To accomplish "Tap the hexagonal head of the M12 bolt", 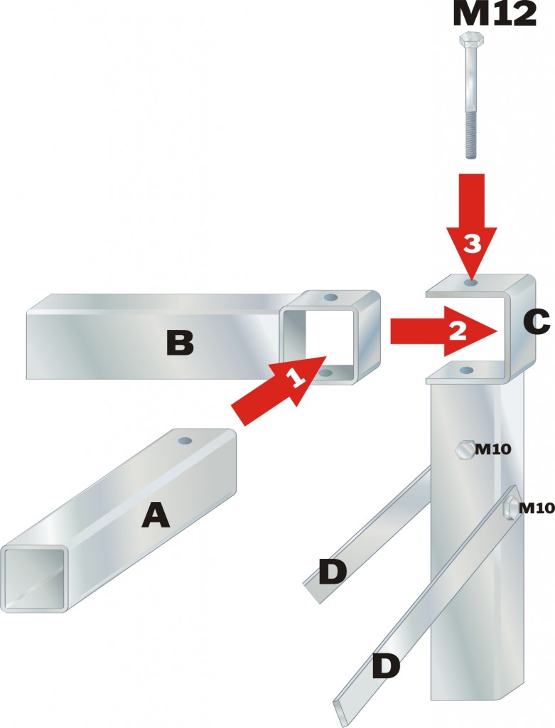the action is coord(472,39).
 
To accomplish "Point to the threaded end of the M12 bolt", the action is coord(472,134).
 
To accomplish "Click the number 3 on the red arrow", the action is coord(472,244).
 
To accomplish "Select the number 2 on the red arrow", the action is coord(458,331).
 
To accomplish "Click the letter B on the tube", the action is coord(180,344).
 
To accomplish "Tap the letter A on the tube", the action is coord(156,515).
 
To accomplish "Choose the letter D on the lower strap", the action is coord(386,665).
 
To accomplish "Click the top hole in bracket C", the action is coord(471,283).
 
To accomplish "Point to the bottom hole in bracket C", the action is coord(466,370).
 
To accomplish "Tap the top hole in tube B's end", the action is coord(331,296).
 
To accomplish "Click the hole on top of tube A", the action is coord(185,441).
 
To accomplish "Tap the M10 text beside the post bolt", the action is coord(493,449).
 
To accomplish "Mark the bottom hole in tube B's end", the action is coord(325,373).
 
